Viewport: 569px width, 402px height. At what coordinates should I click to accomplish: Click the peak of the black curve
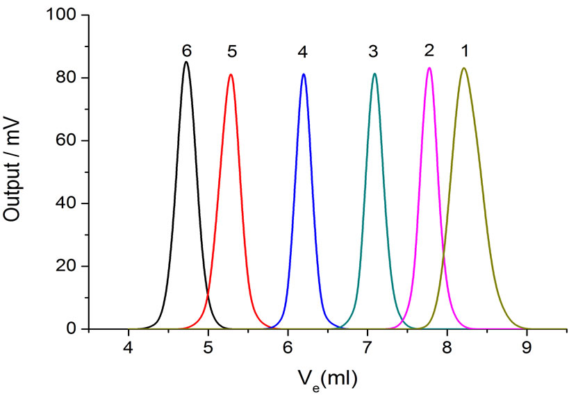[185, 62]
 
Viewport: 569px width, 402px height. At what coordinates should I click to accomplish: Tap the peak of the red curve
[231, 74]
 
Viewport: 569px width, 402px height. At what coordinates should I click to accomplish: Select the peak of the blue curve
[304, 74]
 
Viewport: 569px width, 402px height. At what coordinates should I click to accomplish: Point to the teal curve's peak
[374, 74]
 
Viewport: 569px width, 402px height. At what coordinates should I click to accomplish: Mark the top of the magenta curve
[429, 67]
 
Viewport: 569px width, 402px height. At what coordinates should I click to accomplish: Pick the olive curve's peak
[463, 67]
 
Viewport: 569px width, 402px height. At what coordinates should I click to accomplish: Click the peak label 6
[186, 51]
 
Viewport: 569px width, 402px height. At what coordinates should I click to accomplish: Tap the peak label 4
[302, 52]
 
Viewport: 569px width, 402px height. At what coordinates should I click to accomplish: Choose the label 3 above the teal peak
[374, 52]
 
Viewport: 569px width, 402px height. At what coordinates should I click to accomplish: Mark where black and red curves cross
[208, 296]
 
